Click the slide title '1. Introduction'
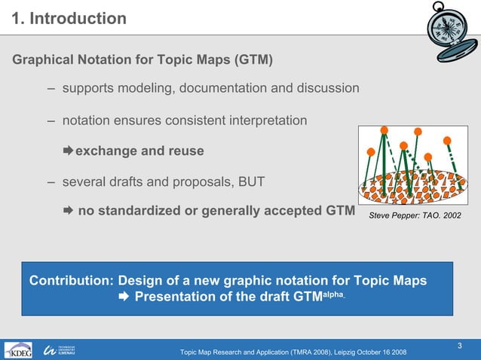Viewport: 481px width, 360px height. (69, 18)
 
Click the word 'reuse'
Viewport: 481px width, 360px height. (183, 151)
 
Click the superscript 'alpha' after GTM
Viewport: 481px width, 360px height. (332, 294)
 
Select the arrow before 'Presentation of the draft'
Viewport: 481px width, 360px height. (124, 297)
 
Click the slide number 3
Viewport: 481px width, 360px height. (460, 346)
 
